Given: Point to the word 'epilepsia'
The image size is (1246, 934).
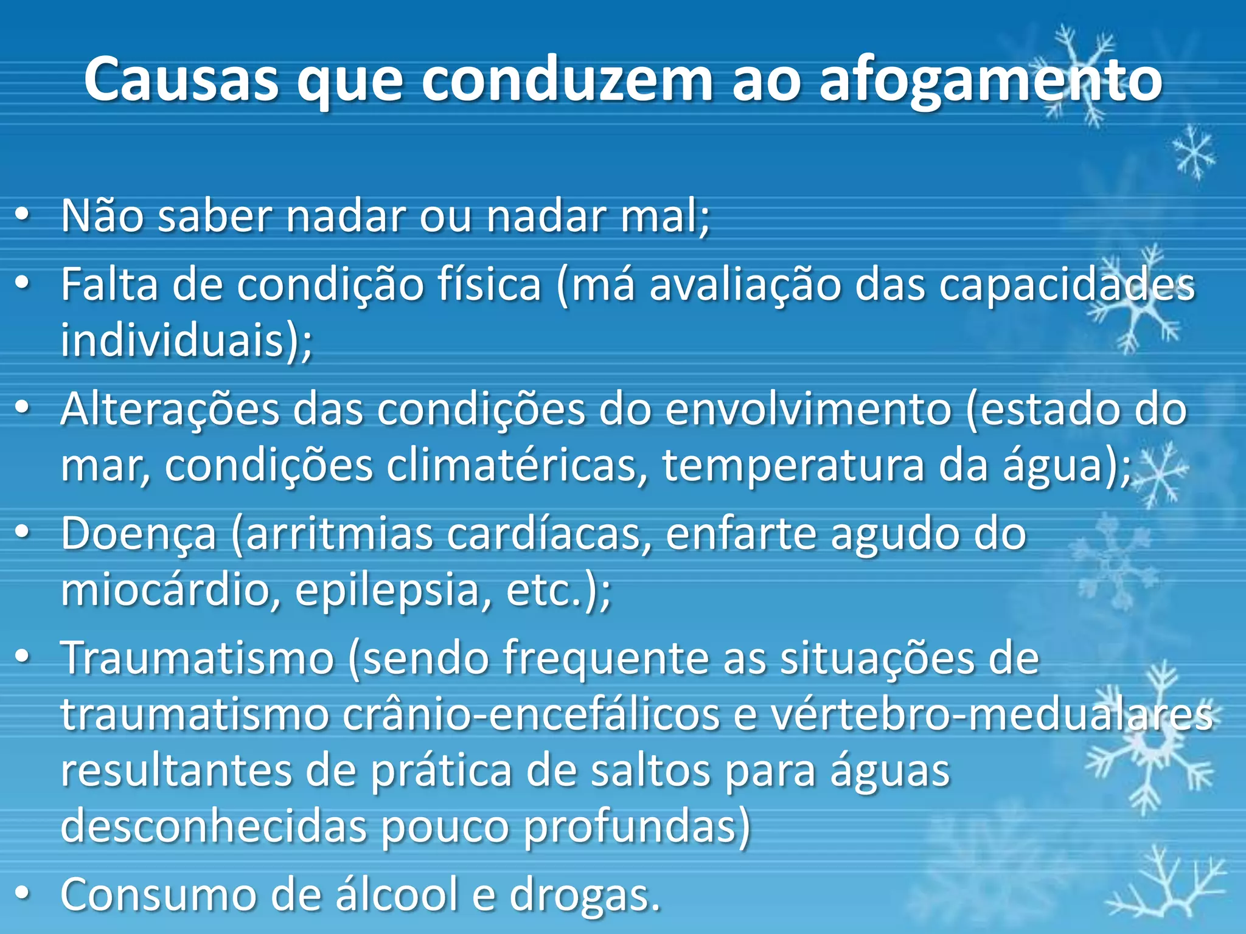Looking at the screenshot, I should [x=387, y=590].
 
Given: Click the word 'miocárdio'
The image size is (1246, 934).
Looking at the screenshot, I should [x=165, y=590].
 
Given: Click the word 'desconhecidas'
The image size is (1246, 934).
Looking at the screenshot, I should [x=214, y=827].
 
